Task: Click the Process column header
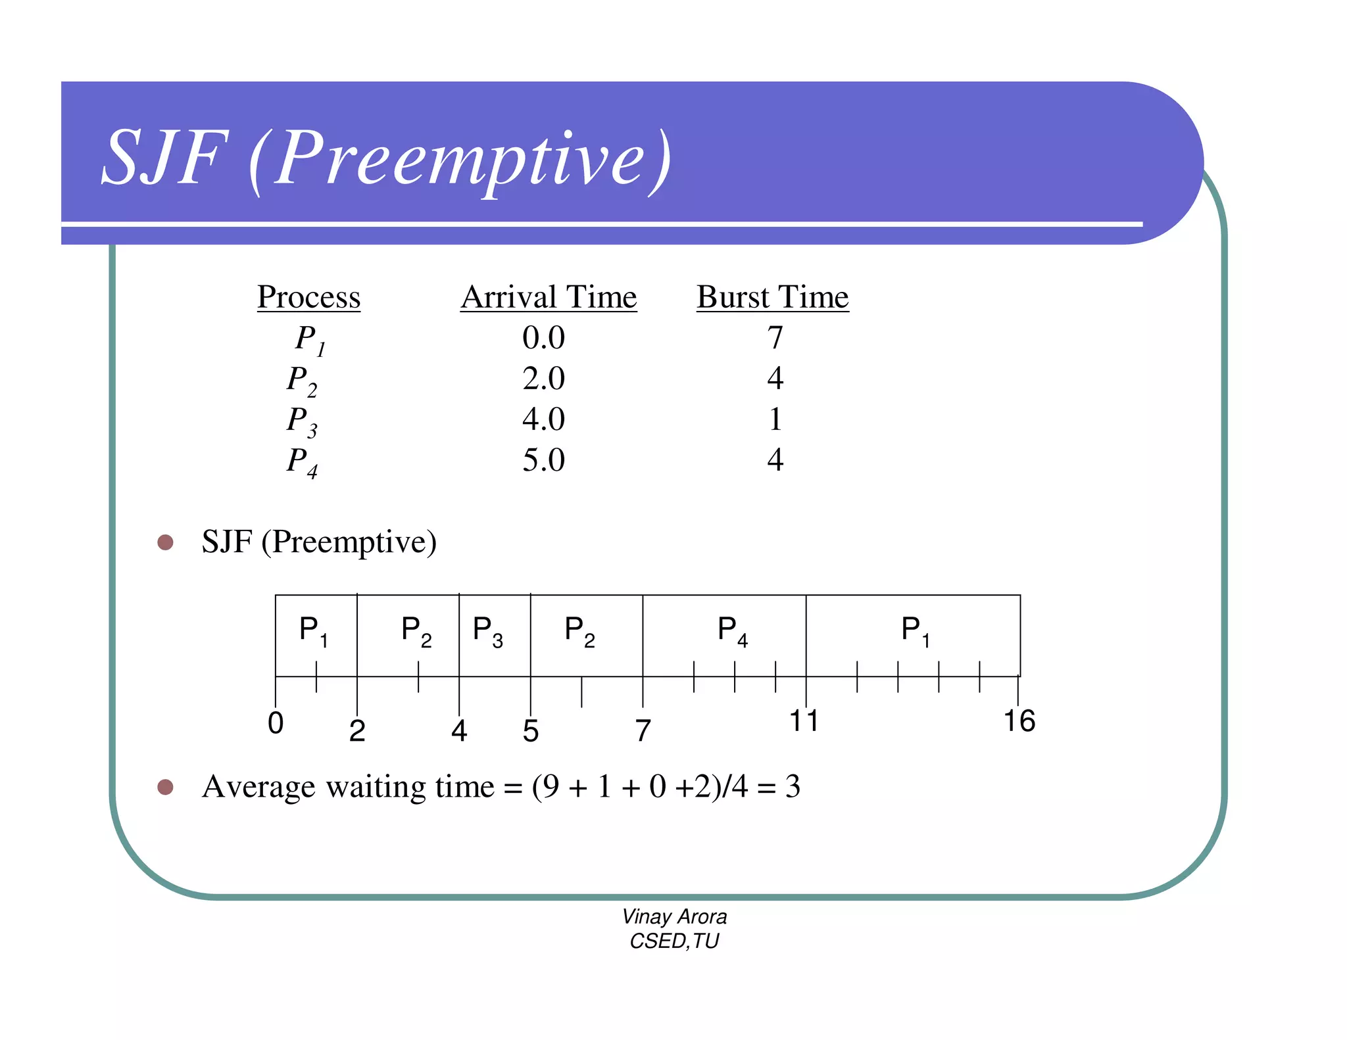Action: coord(308,297)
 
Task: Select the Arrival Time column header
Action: coord(549,297)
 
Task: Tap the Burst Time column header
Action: coord(773,297)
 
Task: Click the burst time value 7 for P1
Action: coord(775,338)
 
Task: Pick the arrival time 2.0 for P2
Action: coord(543,379)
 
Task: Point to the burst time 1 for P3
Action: coord(775,419)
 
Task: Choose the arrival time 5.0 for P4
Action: coord(543,460)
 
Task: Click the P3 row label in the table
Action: coord(302,421)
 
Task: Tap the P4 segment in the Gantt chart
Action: coord(732,631)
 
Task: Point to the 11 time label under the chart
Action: coord(804,721)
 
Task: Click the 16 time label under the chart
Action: coord(1019,721)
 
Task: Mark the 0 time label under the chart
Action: coord(276,723)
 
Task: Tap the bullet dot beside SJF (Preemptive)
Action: coord(165,542)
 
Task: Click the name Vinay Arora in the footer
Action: coord(674,916)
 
